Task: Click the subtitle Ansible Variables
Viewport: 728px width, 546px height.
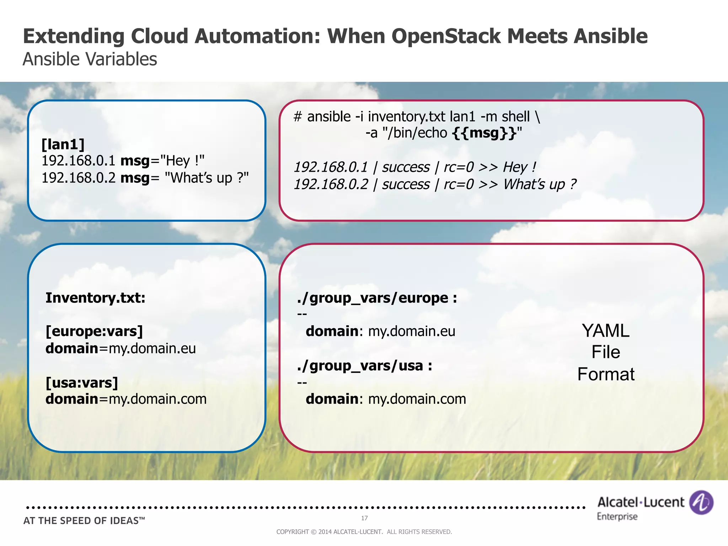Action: tap(90, 59)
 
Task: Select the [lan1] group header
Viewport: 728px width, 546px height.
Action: tap(63, 144)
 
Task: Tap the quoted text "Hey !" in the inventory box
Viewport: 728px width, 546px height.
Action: tap(183, 161)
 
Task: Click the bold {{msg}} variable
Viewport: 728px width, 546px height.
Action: tap(485, 133)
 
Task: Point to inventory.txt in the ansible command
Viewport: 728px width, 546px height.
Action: tap(406, 117)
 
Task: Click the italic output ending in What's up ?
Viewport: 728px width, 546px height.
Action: tap(434, 184)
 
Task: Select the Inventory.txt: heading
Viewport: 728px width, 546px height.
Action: tap(95, 298)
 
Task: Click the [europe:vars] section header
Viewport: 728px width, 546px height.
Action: tap(94, 331)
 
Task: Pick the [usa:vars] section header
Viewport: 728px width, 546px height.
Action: tap(82, 383)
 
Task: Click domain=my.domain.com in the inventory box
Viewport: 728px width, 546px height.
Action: tap(126, 399)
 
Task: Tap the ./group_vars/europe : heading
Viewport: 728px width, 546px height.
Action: tap(377, 298)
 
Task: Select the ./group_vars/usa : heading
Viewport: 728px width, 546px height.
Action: tap(364, 366)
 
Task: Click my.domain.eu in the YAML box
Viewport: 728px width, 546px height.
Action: tap(411, 331)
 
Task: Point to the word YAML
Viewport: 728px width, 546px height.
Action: tap(605, 331)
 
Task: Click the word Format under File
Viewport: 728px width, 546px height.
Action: tap(606, 374)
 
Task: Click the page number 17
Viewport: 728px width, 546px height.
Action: tap(364, 518)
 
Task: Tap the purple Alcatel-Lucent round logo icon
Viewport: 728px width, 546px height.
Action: tap(701, 502)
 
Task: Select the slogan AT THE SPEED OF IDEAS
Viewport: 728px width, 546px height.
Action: tap(84, 521)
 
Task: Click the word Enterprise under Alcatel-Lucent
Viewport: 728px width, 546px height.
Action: tap(617, 516)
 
